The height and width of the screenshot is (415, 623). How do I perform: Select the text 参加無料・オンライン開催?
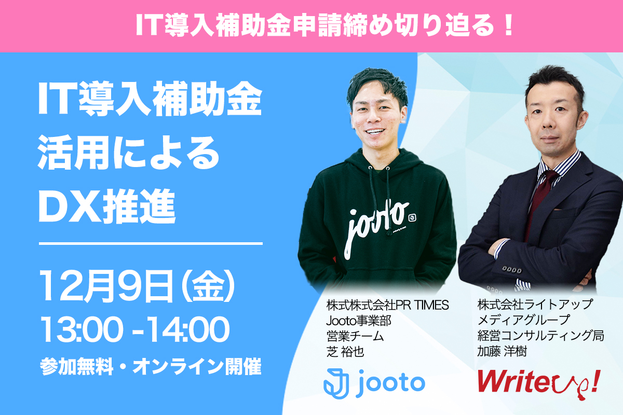[151, 367]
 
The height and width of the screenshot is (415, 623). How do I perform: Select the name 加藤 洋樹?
[502, 352]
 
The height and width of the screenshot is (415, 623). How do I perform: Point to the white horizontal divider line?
[151, 243]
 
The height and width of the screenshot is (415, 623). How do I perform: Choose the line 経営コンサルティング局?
[540, 336]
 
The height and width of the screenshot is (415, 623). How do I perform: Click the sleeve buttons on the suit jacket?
[511, 270]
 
